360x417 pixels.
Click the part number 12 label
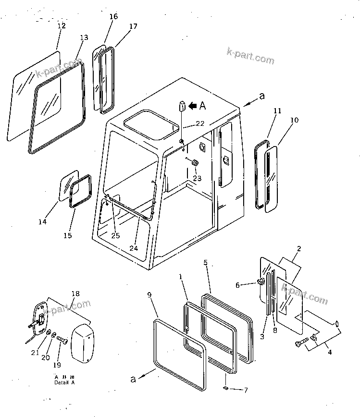(x=62, y=25)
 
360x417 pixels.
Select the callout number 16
(x=113, y=17)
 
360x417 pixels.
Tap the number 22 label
(x=200, y=123)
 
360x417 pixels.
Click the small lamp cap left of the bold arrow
(x=183, y=106)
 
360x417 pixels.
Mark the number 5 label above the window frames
(x=205, y=263)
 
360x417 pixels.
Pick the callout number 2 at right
(x=298, y=249)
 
